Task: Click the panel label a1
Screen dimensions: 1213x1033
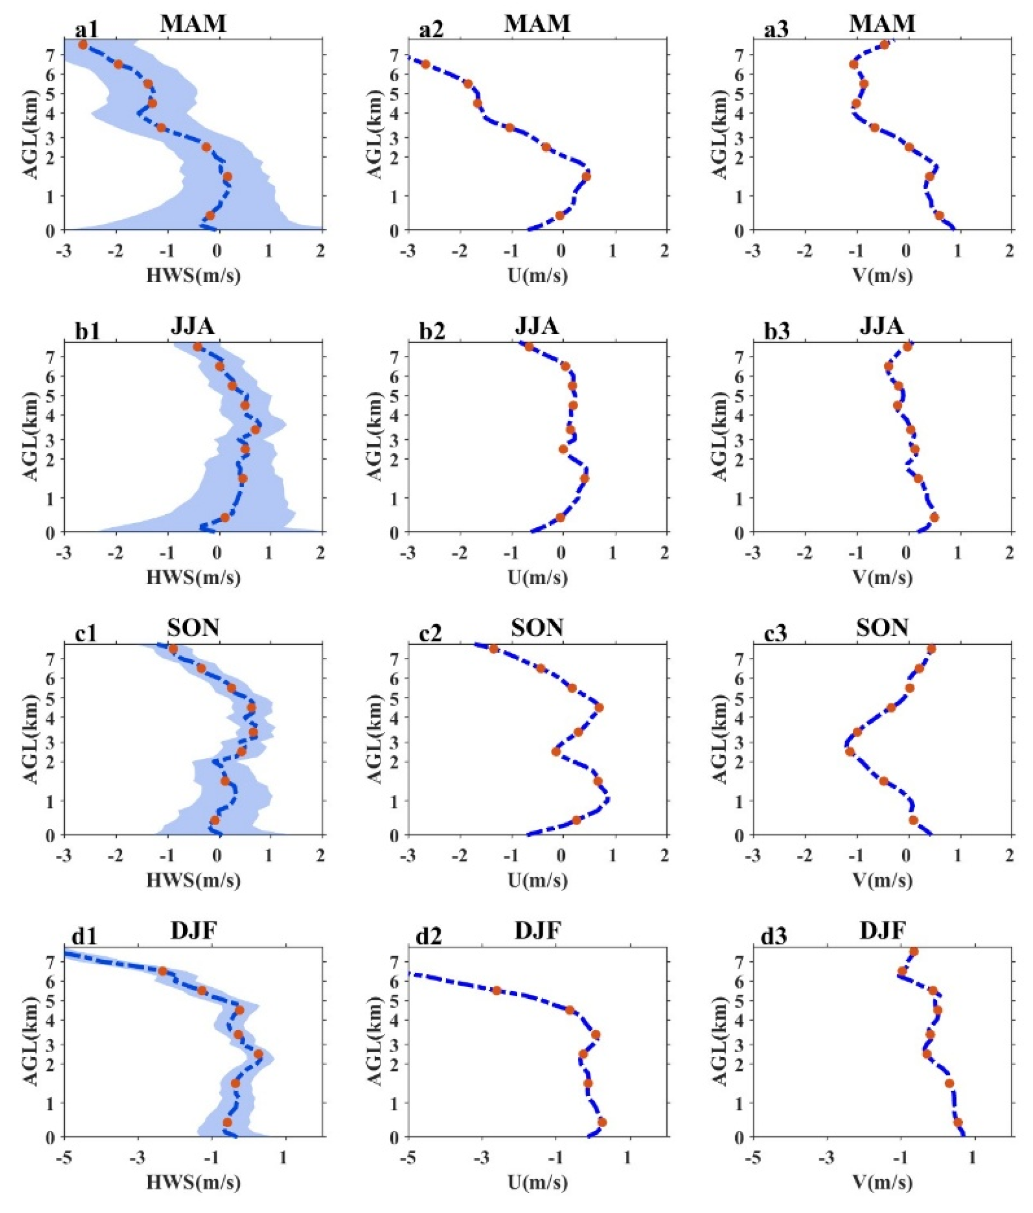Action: [86, 30]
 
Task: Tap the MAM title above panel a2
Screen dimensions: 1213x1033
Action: [537, 23]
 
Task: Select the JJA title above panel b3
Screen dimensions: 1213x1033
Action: [881, 325]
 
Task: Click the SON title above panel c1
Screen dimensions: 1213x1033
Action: [193, 628]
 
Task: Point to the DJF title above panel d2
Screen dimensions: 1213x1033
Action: [537, 930]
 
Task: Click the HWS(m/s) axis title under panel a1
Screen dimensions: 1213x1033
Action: [193, 275]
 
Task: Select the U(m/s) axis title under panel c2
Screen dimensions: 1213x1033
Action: [537, 880]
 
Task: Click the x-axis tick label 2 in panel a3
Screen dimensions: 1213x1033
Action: [1009, 252]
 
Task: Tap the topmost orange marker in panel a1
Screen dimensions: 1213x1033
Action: [83, 45]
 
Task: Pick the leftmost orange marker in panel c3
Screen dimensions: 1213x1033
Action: [850, 752]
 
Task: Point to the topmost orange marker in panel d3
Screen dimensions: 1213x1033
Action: [913, 952]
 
